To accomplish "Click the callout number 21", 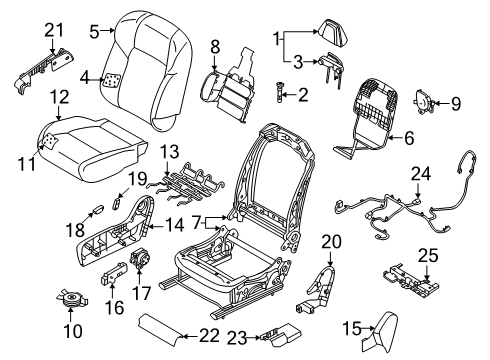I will [51, 30].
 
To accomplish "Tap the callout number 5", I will [93, 31].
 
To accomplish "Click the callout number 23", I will [238, 338].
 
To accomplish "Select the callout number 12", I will [61, 96].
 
